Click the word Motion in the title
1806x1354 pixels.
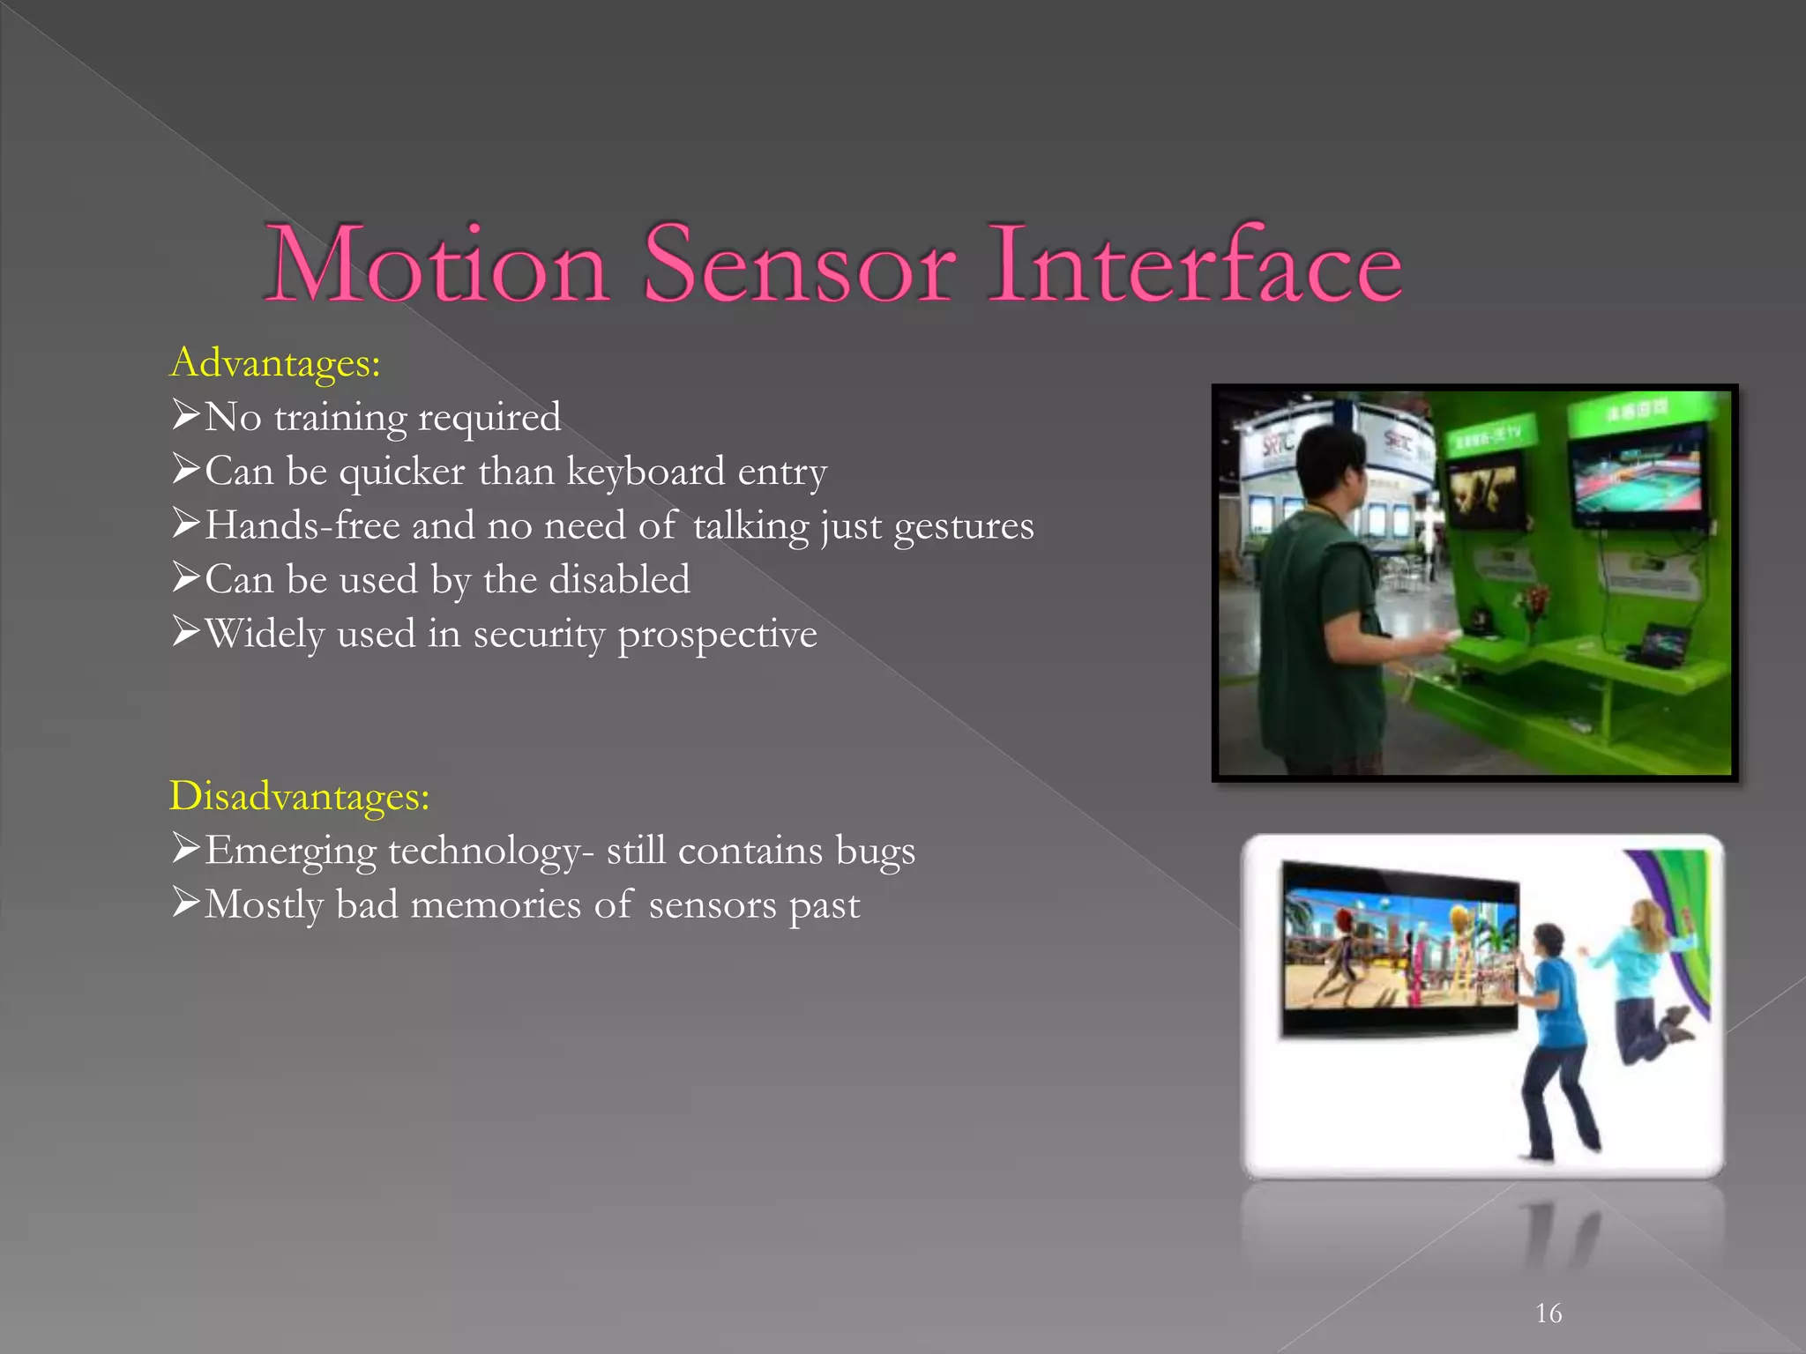pos(437,264)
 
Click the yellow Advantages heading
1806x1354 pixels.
pos(275,362)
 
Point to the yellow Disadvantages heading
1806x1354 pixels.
pos(299,796)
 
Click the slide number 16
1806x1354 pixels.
pos(1549,1313)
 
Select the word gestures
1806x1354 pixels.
pos(963,526)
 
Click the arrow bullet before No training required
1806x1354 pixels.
pos(186,414)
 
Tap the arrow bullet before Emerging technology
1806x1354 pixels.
pos(186,848)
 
